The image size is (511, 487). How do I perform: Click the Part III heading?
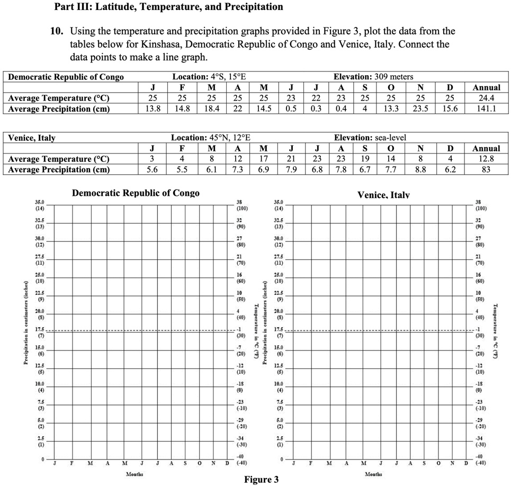[168, 7]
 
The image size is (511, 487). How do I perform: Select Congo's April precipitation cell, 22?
[238, 109]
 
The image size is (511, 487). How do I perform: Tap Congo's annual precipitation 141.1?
[486, 109]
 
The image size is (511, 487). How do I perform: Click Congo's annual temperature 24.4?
[486, 98]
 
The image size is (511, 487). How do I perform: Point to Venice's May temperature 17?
[263, 159]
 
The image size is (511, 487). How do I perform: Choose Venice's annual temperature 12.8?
[486, 159]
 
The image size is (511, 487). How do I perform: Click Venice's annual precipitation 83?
[486, 169]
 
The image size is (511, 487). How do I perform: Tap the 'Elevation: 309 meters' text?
[373, 77]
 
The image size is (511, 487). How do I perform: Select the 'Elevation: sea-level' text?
[370, 138]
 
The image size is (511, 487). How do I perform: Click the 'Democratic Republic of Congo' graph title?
[136, 193]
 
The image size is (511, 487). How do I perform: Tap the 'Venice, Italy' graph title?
[383, 195]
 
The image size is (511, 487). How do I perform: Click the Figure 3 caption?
[261, 480]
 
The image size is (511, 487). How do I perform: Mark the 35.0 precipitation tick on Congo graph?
[40, 202]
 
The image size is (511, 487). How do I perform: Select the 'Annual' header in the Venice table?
[486, 148]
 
